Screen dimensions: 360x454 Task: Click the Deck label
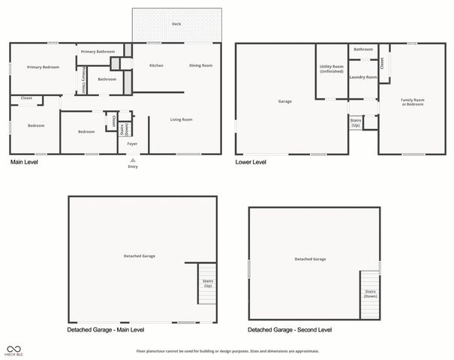(x=176, y=24)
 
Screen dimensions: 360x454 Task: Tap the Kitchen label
(x=156, y=65)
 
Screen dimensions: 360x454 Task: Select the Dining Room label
(x=200, y=65)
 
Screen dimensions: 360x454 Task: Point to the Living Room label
(x=181, y=119)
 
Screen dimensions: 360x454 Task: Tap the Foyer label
(x=132, y=143)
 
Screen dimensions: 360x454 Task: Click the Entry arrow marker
(x=132, y=160)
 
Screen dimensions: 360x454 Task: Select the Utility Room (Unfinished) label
(x=331, y=69)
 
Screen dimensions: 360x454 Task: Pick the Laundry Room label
(x=362, y=76)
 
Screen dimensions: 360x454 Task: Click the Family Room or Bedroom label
(x=412, y=102)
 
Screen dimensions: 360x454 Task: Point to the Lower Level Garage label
(x=285, y=101)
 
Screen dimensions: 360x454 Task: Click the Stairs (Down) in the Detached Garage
(x=371, y=293)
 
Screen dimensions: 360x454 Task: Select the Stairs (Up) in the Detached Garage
(x=207, y=284)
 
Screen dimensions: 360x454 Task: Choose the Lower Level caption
(x=251, y=162)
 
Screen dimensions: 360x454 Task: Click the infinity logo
(x=14, y=348)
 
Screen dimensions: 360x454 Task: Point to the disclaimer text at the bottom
(x=227, y=351)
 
